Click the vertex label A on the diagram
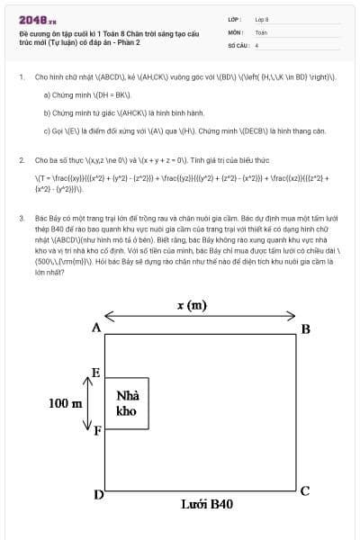coord(95,328)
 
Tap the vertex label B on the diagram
coord(305,328)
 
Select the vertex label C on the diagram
coord(305,490)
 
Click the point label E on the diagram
coord(96,373)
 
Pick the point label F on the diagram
coord(97,430)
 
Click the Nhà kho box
coord(127,403)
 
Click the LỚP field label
coord(235,18)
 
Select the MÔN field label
coord(236,31)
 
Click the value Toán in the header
coord(261,31)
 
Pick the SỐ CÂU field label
coord(238,44)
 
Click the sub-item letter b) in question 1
coord(47,113)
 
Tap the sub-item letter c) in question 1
coord(47,131)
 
